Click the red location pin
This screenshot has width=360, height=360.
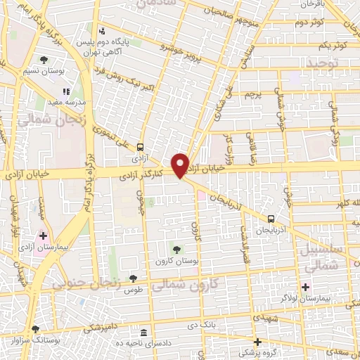pos(181,165)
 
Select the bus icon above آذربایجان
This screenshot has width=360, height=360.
pos(271,219)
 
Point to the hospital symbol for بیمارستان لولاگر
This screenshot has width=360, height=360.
pos(305,286)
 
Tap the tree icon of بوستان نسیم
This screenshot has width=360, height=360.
pos(44,60)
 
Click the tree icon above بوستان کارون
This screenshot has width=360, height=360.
pos(176,249)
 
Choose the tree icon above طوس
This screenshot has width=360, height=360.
pos(133,278)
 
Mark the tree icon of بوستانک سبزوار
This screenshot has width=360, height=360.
pos(35,328)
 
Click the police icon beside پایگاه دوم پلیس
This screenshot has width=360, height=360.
pos(103,31)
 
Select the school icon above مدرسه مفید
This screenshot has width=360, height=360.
pos(66,91)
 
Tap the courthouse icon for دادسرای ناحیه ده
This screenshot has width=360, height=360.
pos(143,332)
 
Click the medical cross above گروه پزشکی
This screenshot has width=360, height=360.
pos(257,341)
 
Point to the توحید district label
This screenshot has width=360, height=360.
pos(322,63)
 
